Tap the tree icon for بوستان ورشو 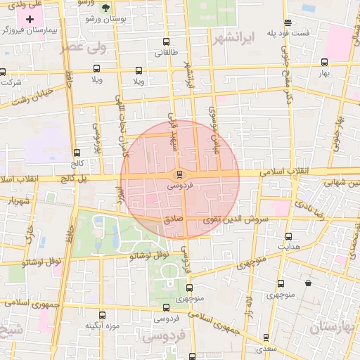[105, 8]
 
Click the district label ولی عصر [82, 47]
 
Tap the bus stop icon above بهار [323, 63]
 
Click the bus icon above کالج [77, 153]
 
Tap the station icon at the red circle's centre [180, 174]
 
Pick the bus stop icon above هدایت [287, 236]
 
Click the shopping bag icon [308, 283]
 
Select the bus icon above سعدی [265, 337]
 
